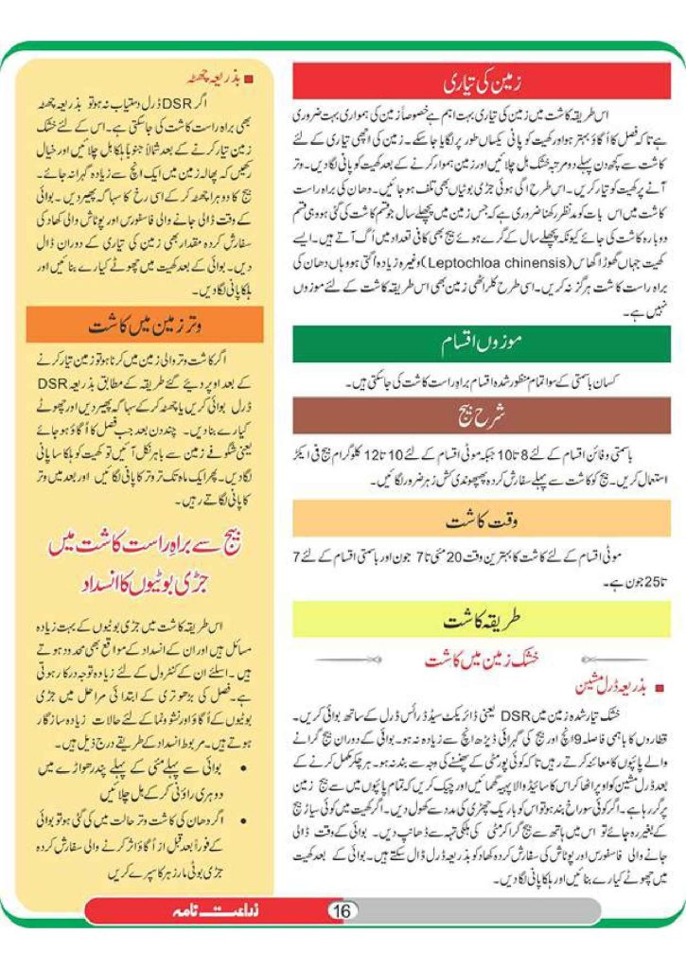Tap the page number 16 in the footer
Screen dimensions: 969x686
[x=342, y=910]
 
